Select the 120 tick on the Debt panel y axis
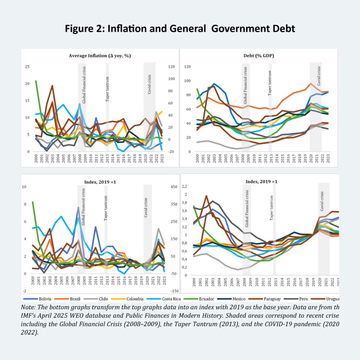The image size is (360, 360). point(187,67)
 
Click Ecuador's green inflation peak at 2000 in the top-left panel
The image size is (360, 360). point(36,81)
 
